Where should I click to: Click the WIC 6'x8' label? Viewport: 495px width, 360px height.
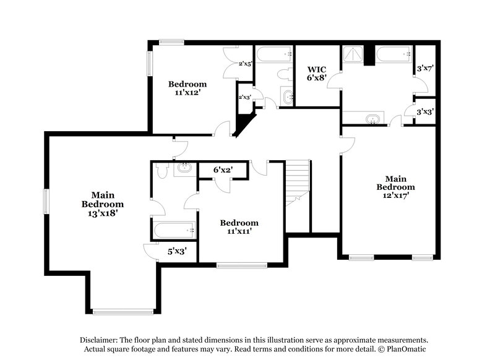[x=316, y=74]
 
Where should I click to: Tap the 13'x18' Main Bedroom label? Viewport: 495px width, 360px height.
[x=102, y=204]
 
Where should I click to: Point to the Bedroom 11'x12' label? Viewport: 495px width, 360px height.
[x=187, y=88]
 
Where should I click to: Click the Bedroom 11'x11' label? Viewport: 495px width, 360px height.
[x=239, y=227]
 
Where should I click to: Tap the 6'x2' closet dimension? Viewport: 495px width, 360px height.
[x=223, y=169]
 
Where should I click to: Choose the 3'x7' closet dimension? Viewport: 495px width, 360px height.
[x=424, y=69]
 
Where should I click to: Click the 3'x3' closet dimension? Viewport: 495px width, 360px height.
[x=424, y=112]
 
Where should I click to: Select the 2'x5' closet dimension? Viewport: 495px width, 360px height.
[x=244, y=63]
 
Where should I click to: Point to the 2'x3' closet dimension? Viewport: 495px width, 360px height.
[x=244, y=96]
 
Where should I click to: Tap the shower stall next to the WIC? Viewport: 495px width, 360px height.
[x=353, y=56]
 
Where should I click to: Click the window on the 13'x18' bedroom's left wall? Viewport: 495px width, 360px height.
[x=45, y=202]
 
